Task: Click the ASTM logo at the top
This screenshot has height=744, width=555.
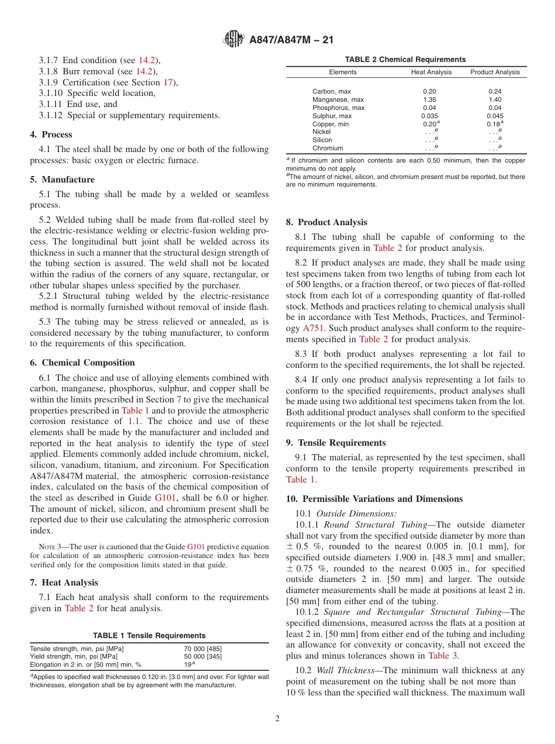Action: click(x=234, y=40)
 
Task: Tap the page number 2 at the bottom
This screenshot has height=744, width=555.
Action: click(x=277, y=719)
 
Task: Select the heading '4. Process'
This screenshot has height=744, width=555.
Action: click(x=51, y=135)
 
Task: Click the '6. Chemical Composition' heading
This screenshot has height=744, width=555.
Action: click(x=82, y=363)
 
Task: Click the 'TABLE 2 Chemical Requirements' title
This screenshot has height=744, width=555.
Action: click(x=405, y=60)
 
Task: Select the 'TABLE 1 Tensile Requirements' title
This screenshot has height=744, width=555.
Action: click(x=150, y=635)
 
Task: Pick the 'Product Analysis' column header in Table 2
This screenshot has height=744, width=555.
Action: click(x=495, y=72)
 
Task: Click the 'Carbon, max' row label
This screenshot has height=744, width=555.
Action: click(x=331, y=91)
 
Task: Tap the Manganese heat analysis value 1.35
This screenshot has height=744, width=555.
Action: click(x=429, y=99)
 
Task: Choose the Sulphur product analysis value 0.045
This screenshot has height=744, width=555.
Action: click(x=495, y=116)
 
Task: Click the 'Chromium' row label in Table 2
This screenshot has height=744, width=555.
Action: click(x=328, y=148)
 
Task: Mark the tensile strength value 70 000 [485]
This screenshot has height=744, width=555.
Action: click(x=203, y=649)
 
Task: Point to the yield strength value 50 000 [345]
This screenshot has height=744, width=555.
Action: click(x=203, y=656)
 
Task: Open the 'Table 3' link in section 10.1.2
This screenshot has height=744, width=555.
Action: click(x=443, y=656)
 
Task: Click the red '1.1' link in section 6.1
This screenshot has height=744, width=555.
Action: click(x=134, y=421)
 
